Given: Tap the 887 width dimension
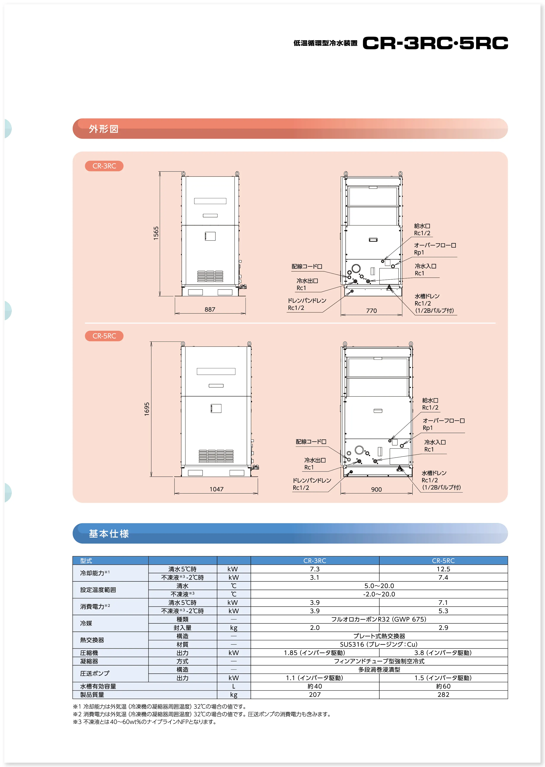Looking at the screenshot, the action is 210,309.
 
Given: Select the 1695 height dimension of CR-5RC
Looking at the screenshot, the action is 147,409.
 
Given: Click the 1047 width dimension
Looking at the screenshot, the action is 216,489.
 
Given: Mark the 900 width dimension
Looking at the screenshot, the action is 377,489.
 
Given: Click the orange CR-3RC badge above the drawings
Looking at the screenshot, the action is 104,166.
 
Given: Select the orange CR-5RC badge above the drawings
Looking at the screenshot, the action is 104,336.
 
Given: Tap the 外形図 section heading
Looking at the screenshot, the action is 104,129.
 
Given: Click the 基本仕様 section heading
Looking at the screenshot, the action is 109,534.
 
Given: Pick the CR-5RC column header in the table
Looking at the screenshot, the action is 443,561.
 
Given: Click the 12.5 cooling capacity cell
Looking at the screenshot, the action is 443,569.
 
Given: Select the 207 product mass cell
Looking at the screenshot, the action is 315,694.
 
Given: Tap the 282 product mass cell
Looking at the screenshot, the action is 443,694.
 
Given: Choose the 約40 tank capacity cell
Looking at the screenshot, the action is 315,686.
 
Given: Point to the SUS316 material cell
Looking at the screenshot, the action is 379,644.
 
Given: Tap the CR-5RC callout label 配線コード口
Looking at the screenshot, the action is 311,442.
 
